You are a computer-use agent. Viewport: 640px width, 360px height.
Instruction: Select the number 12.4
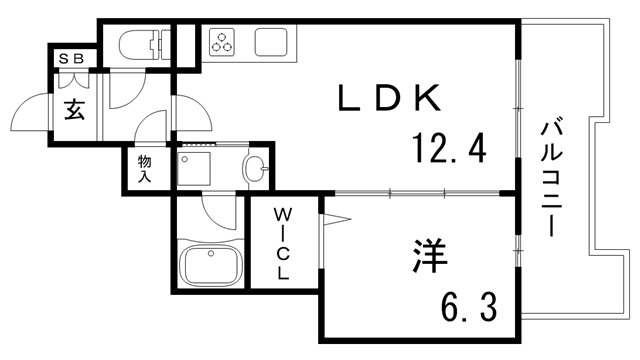coord(448,151)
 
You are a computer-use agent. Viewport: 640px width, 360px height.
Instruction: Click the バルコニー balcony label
coord(551,178)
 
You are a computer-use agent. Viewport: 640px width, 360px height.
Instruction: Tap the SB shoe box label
coord(71,59)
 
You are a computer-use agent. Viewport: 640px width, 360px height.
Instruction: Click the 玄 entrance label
coord(75,109)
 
